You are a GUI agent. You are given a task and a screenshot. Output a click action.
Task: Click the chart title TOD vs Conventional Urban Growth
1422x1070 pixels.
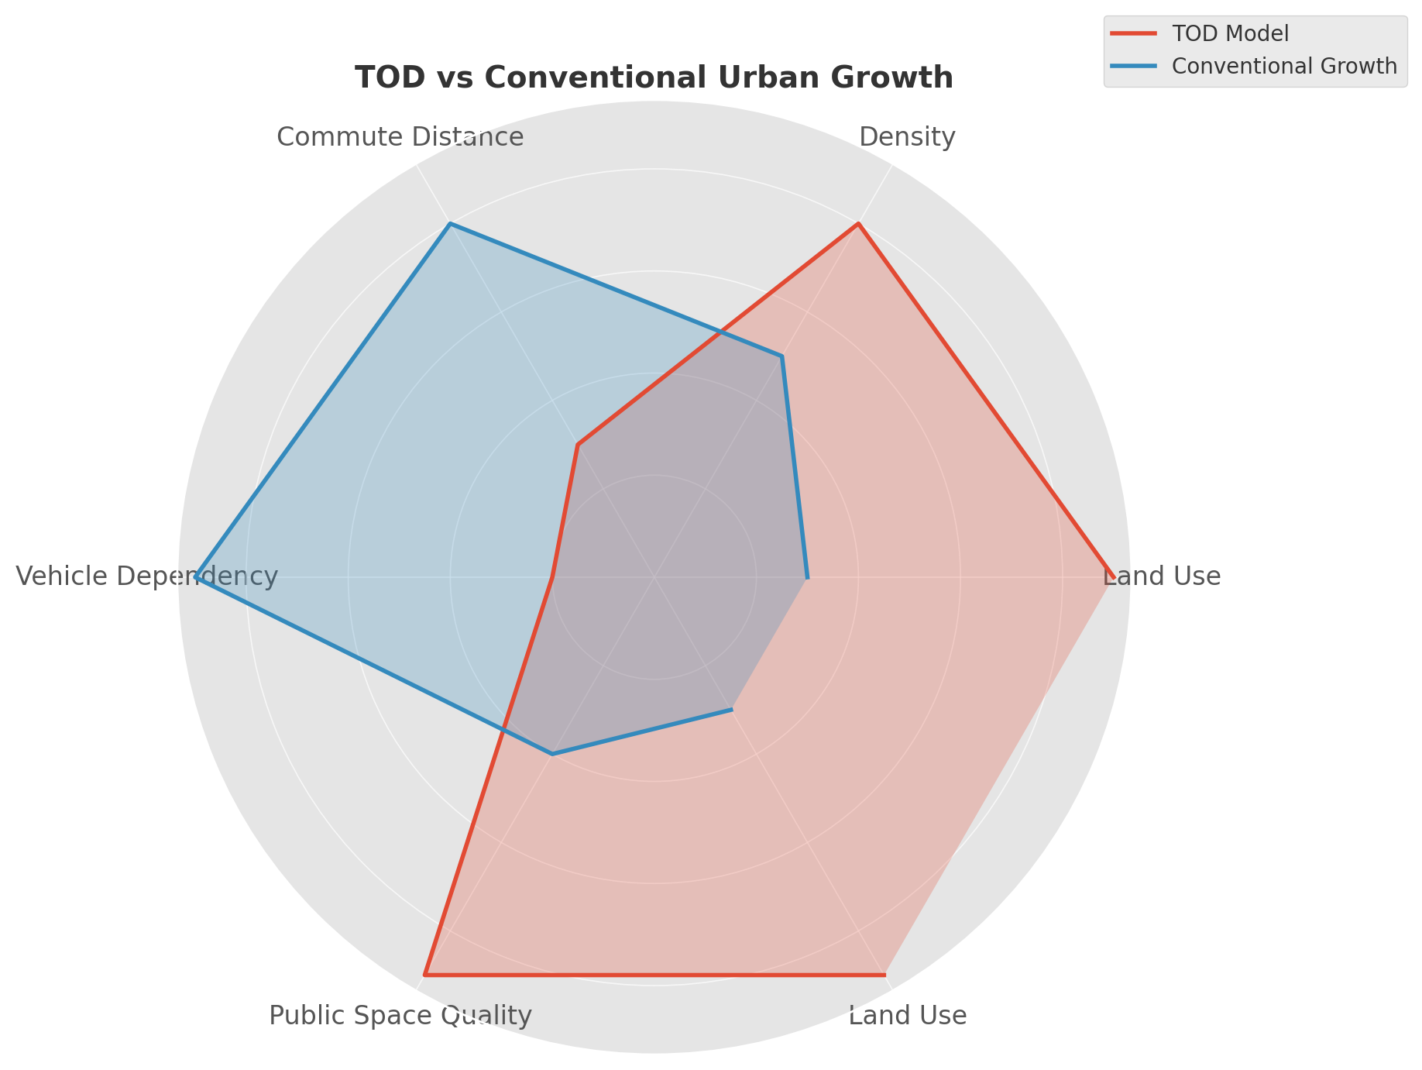(x=654, y=78)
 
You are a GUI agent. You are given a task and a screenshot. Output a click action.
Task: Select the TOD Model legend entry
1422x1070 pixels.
(x=1230, y=34)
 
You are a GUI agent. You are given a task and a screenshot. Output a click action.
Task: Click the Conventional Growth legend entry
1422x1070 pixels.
(x=1283, y=66)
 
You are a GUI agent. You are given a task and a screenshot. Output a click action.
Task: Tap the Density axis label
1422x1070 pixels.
(x=907, y=137)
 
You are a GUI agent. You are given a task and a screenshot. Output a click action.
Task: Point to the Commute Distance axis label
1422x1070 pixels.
(x=400, y=137)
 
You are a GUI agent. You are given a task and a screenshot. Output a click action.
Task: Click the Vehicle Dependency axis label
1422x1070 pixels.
(x=146, y=576)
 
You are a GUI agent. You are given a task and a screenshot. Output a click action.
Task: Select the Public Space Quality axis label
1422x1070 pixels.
(x=400, y=1016)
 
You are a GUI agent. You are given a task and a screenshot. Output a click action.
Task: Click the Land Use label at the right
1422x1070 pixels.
(x=1161, y=576)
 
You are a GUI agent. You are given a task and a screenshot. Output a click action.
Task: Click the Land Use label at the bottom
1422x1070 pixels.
(x=907, y=1016)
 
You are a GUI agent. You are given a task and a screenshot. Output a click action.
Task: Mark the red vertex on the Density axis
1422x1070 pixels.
(x=858, y=224)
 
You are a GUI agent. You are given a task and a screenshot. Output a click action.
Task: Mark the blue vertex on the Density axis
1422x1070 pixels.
(x=781, y=356)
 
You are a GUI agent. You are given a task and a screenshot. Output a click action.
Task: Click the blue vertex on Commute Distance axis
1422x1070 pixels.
(x=450, y=224)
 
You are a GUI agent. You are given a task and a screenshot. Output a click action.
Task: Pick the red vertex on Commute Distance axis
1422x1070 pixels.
(x=578, y=445)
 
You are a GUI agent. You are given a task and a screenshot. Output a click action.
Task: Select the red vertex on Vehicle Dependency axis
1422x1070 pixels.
(x=552, y=577)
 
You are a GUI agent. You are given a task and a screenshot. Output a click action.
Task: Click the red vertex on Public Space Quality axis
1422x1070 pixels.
(x=424, y=975)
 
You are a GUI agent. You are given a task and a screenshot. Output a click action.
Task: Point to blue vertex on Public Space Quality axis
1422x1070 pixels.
(x=552, y=753)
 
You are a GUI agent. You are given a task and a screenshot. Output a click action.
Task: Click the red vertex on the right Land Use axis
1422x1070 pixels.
(x=1113, y=577)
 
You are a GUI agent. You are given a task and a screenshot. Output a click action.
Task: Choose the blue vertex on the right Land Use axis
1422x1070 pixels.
(x=807, y=577)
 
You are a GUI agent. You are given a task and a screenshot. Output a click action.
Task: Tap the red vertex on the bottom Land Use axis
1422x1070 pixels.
(x=884, y=975)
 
